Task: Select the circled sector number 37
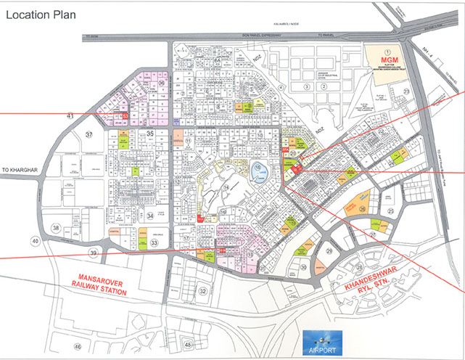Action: (89, 135)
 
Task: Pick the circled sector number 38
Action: (56, 229)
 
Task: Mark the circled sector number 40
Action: (34, 240)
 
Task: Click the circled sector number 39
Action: (93, 252)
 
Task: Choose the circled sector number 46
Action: (78, 348)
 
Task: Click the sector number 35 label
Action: (149, 134)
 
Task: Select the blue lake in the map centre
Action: (260, 173)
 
